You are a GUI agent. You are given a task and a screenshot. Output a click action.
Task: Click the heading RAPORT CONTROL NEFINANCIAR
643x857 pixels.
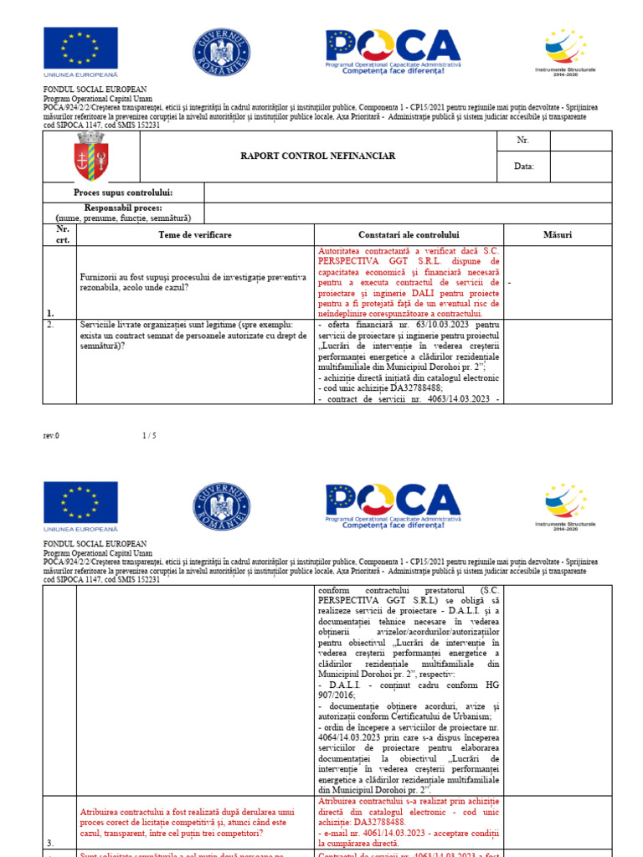point(318,156)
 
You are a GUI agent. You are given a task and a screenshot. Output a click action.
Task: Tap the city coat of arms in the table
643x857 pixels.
point(90,157)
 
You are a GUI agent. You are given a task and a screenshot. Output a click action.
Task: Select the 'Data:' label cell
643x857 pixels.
point(523,166)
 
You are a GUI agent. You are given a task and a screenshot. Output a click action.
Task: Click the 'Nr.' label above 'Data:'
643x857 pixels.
point(523,141)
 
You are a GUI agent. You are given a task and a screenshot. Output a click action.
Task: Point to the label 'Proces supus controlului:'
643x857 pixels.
point(123,192)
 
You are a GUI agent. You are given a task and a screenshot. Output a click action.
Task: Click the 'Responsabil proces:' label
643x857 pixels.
point(123,208)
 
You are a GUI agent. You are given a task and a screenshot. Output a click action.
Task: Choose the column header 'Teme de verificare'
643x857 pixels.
point(195,235)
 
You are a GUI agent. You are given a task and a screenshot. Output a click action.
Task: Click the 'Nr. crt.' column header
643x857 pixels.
point(62,234)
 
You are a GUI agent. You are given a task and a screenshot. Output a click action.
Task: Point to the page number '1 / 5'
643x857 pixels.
point(149,435)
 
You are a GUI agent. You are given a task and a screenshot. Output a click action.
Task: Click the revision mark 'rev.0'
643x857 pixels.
point(51,435)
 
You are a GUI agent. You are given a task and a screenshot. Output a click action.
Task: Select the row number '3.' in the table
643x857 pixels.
point(50,844)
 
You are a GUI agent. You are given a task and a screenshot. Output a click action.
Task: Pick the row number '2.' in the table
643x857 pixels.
point(50,323)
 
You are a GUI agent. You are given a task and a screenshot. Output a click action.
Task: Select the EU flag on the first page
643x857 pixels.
point(80,49)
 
